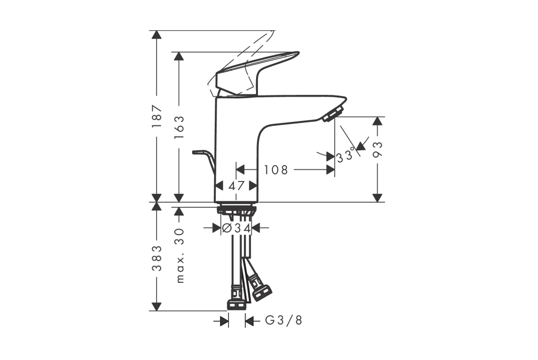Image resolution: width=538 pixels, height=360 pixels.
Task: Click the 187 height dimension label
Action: (157, 116)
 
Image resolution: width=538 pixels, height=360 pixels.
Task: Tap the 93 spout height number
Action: (378, 149)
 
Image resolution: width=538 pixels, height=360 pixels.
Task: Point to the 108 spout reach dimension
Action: (276, 169)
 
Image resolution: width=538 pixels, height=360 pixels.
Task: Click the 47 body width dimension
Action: (236, 186)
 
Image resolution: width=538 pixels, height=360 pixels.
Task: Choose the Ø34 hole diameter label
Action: (236, 228)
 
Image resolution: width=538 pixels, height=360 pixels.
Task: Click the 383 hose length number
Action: (157, 258)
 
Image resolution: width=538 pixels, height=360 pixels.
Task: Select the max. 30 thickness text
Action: (180, 255)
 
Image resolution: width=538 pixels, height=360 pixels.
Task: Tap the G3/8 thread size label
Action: (284, 321)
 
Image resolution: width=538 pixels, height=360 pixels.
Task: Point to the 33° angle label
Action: (345, 156)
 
